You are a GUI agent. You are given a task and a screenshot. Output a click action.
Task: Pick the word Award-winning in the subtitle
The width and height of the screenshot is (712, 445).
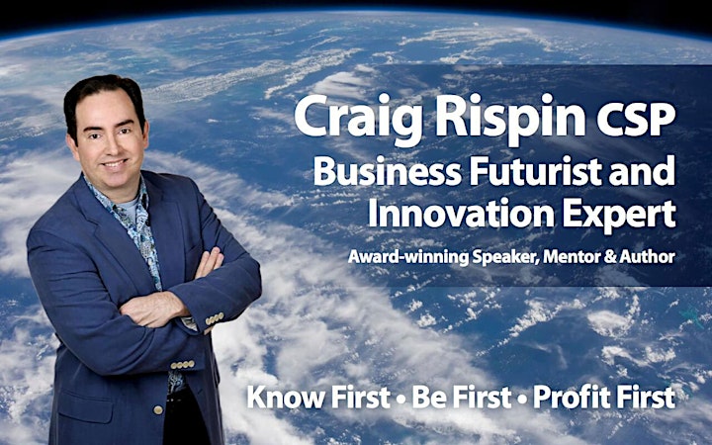(x=408, y=257)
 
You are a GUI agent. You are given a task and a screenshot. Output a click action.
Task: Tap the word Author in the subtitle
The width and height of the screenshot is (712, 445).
(x=647, y=256)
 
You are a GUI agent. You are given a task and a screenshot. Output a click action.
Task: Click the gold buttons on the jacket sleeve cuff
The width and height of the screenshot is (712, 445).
(x=215, y=318)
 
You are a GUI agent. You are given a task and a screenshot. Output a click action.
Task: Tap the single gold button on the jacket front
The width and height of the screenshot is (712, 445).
(x=157, y=409)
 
